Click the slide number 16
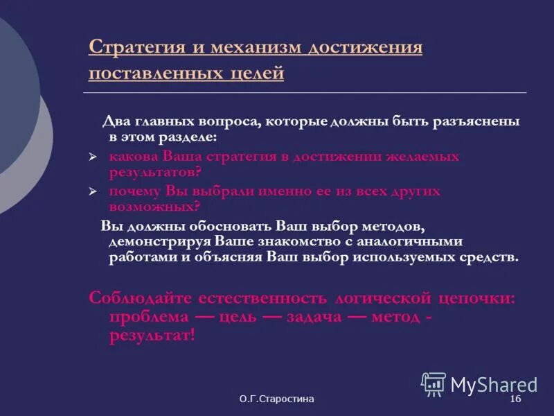point(515,400)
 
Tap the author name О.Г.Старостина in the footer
point(277,400)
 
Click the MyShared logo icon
point(434,383)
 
